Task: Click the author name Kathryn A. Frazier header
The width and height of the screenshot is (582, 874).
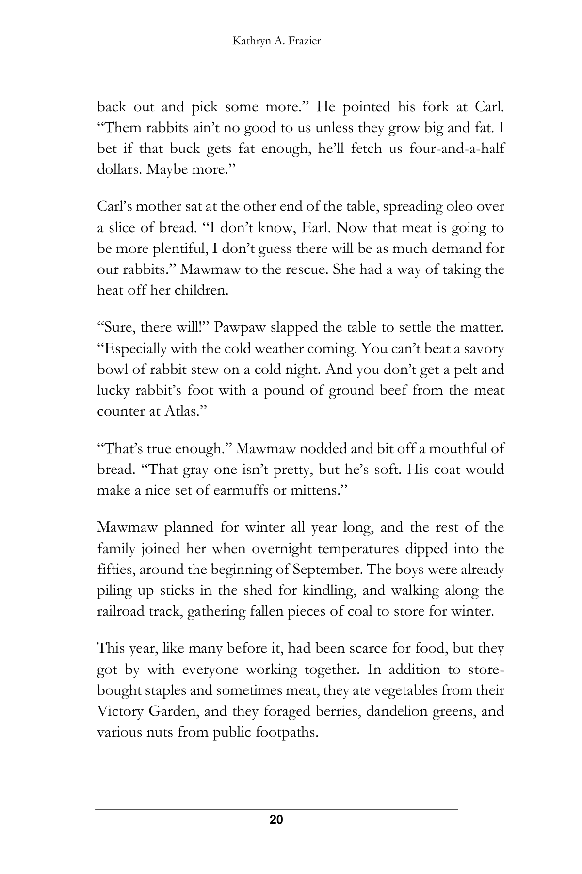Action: click(276, 41)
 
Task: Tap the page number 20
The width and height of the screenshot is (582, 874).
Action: click(276, 820)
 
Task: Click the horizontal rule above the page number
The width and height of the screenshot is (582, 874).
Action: click(276, 809)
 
